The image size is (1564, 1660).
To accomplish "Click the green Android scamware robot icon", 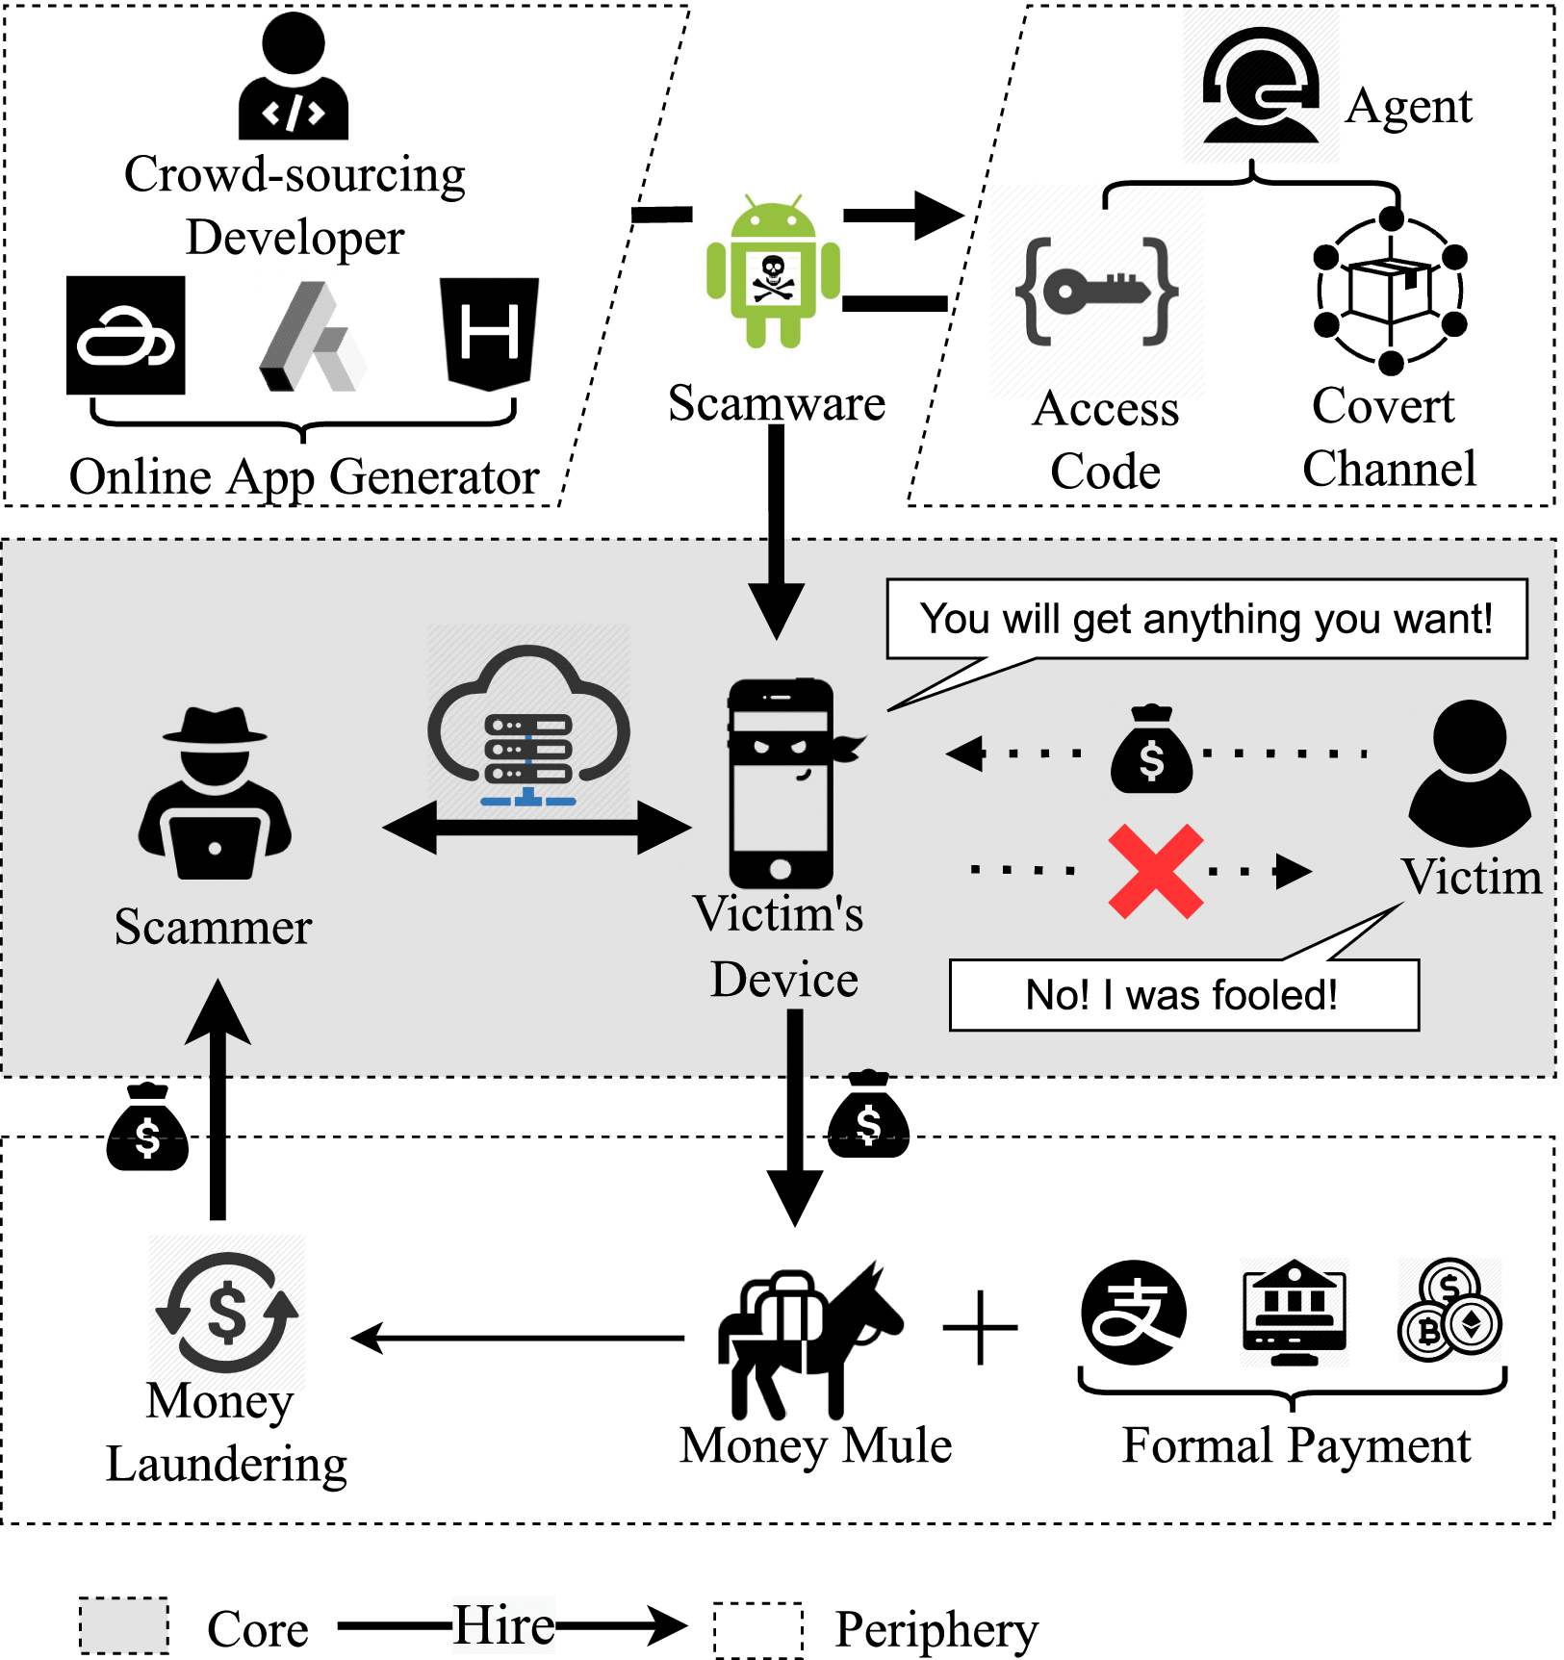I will coord(773,273).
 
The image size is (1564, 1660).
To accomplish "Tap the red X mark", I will coord(1155,871).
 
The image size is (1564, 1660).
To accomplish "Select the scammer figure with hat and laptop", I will coord(215,793).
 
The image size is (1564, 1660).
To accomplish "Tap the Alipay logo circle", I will coord(1133,1312).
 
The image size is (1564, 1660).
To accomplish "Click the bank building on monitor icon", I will coord(1294,1312).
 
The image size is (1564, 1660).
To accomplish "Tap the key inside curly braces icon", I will coord(1096,291).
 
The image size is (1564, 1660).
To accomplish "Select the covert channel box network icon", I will coord(1390,292).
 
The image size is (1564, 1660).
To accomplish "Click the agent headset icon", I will coord(1260,87).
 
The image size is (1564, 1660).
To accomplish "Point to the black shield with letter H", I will coord(489,333).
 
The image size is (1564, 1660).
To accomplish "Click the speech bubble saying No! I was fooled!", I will coord(1183,995).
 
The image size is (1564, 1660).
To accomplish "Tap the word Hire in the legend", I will coord(503,1625).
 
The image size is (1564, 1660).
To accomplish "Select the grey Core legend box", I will coord(124,1625).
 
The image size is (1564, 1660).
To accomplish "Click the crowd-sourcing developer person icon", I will coord(294,77).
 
